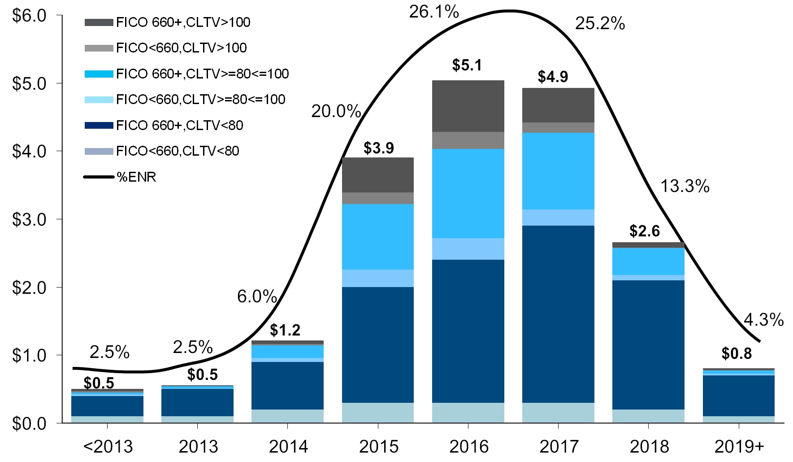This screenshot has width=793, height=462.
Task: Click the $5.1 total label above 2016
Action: click(467, 65)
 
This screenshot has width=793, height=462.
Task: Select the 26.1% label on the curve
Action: click(433, 12)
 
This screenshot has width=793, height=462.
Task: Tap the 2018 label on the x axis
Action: click(649, 447)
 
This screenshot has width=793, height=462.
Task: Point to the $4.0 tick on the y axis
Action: click(29, 152)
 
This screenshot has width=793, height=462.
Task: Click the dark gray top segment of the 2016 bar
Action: click(468, 106)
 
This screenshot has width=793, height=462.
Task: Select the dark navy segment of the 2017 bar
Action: click(558, 314)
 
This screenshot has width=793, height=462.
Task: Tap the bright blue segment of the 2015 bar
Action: click(377, 237)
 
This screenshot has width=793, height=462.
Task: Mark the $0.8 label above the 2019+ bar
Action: click(736, 354)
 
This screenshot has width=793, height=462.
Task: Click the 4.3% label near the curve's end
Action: click(763, 320)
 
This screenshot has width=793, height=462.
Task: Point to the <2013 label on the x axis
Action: click(108, 447)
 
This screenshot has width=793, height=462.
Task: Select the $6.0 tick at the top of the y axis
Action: click(29, 16)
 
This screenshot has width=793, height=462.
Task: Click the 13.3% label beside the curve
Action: click(685, 186)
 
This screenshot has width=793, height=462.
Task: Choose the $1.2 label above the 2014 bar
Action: click(285, 331)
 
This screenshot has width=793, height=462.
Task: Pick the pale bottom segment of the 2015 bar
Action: click(377, 413)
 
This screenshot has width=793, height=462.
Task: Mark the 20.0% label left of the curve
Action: click(336, 111)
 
